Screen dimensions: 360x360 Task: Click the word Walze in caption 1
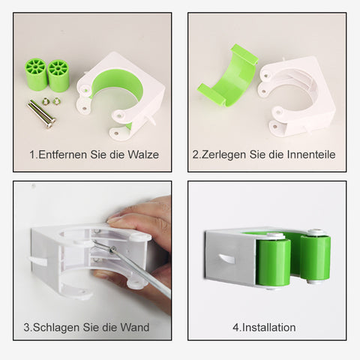[x=143, y=154]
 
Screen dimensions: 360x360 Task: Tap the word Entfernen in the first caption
[x=62, y=154]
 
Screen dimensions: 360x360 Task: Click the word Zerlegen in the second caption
[x=223, y=155]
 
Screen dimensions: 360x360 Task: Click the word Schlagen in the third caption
[x=56, y=328]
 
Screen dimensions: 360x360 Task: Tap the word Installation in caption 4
[x=269, y=328]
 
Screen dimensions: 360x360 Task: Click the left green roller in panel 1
[x=36, y=74]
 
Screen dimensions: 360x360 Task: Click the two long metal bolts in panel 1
[x=41, y=114]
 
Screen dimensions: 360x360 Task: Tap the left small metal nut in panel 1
[x=46, y=100]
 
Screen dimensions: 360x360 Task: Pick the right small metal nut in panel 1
[x=56, y=101]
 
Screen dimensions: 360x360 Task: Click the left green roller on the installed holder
[x=273, y=262]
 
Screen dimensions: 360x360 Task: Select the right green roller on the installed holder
[x=315, y=257]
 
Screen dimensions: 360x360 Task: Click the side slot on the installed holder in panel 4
[x=226, y=259]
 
